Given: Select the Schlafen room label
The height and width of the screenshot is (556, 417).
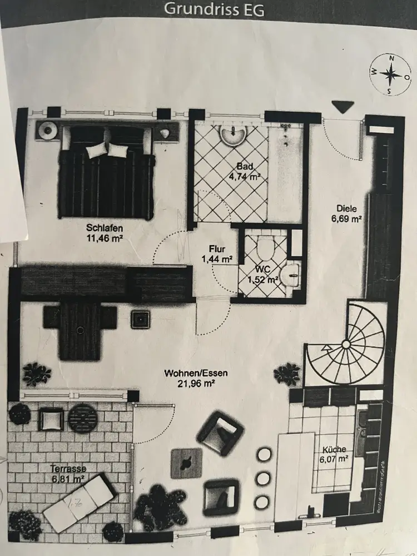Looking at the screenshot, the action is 104,227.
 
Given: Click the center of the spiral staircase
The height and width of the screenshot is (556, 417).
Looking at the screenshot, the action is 346,345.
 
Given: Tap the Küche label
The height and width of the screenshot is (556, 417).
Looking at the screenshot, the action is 334,449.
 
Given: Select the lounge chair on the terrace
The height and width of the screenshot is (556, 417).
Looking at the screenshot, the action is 78,503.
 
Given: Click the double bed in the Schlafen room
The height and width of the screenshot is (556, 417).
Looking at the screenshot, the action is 107,171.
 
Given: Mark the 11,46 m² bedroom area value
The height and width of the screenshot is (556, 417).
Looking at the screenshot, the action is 104,237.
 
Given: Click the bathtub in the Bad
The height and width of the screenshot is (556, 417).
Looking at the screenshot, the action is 285,172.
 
